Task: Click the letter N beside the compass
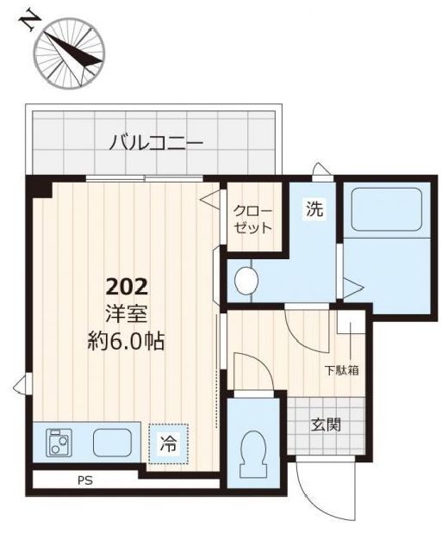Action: coord(29,21)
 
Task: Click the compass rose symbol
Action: coord(69,53)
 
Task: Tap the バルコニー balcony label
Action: coord(156,143)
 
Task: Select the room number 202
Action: coord(128,288)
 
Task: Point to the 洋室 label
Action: coord(127,313)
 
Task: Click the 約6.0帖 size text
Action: coord(127,341)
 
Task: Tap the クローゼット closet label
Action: coord(253,220)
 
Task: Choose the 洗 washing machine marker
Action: coord(314,208)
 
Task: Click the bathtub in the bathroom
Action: coord(387,209)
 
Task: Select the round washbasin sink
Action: coord(246,281)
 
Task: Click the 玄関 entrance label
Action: coord(326,425)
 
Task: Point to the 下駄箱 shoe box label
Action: coord(342,370)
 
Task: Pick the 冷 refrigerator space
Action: coord(168,444)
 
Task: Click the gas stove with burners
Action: coord(59,443)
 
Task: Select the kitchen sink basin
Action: coord(112,443)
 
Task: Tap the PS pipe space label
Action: coord(85,480)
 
